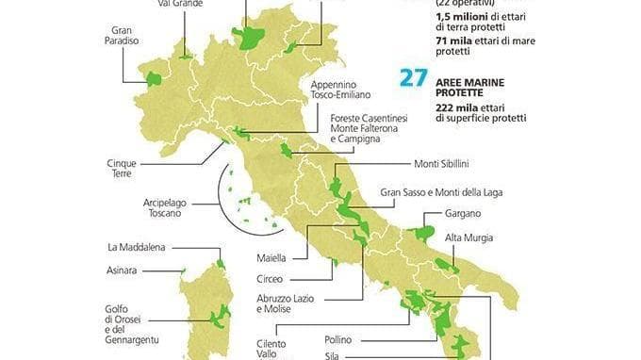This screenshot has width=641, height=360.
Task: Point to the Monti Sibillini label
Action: click(x=442, y=163)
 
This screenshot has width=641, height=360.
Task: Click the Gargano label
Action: click(x=462, y=214)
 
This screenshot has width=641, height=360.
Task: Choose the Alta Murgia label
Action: click(x=468, y=237)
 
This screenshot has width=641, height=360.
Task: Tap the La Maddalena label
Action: click(x=139, y=248)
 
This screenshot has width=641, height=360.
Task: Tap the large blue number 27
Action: click(x=413, y=78)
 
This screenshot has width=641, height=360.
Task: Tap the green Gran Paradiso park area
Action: click(x=153, y=78)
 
